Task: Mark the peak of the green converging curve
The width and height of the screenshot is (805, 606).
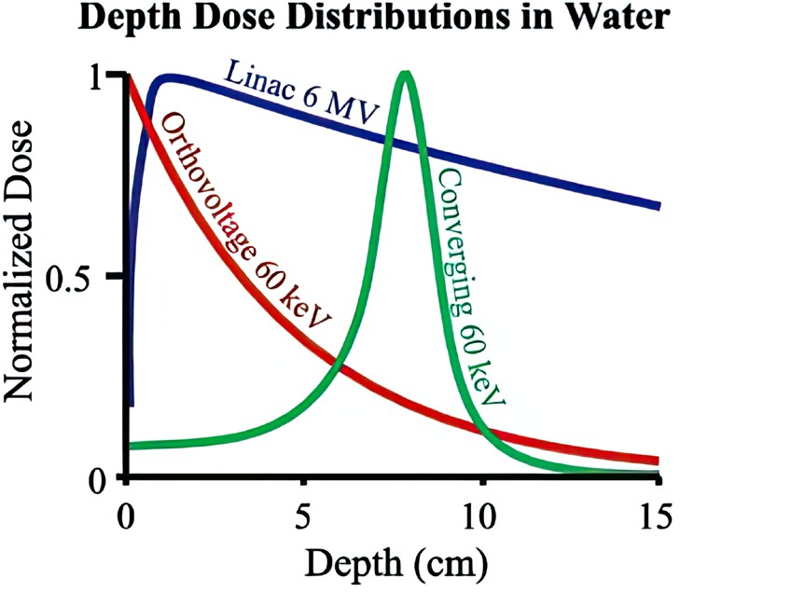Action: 405,74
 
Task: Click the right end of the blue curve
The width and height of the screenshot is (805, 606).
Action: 658,206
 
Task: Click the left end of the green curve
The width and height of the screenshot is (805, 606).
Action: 131,446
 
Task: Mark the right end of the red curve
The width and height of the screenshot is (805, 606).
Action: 658,461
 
